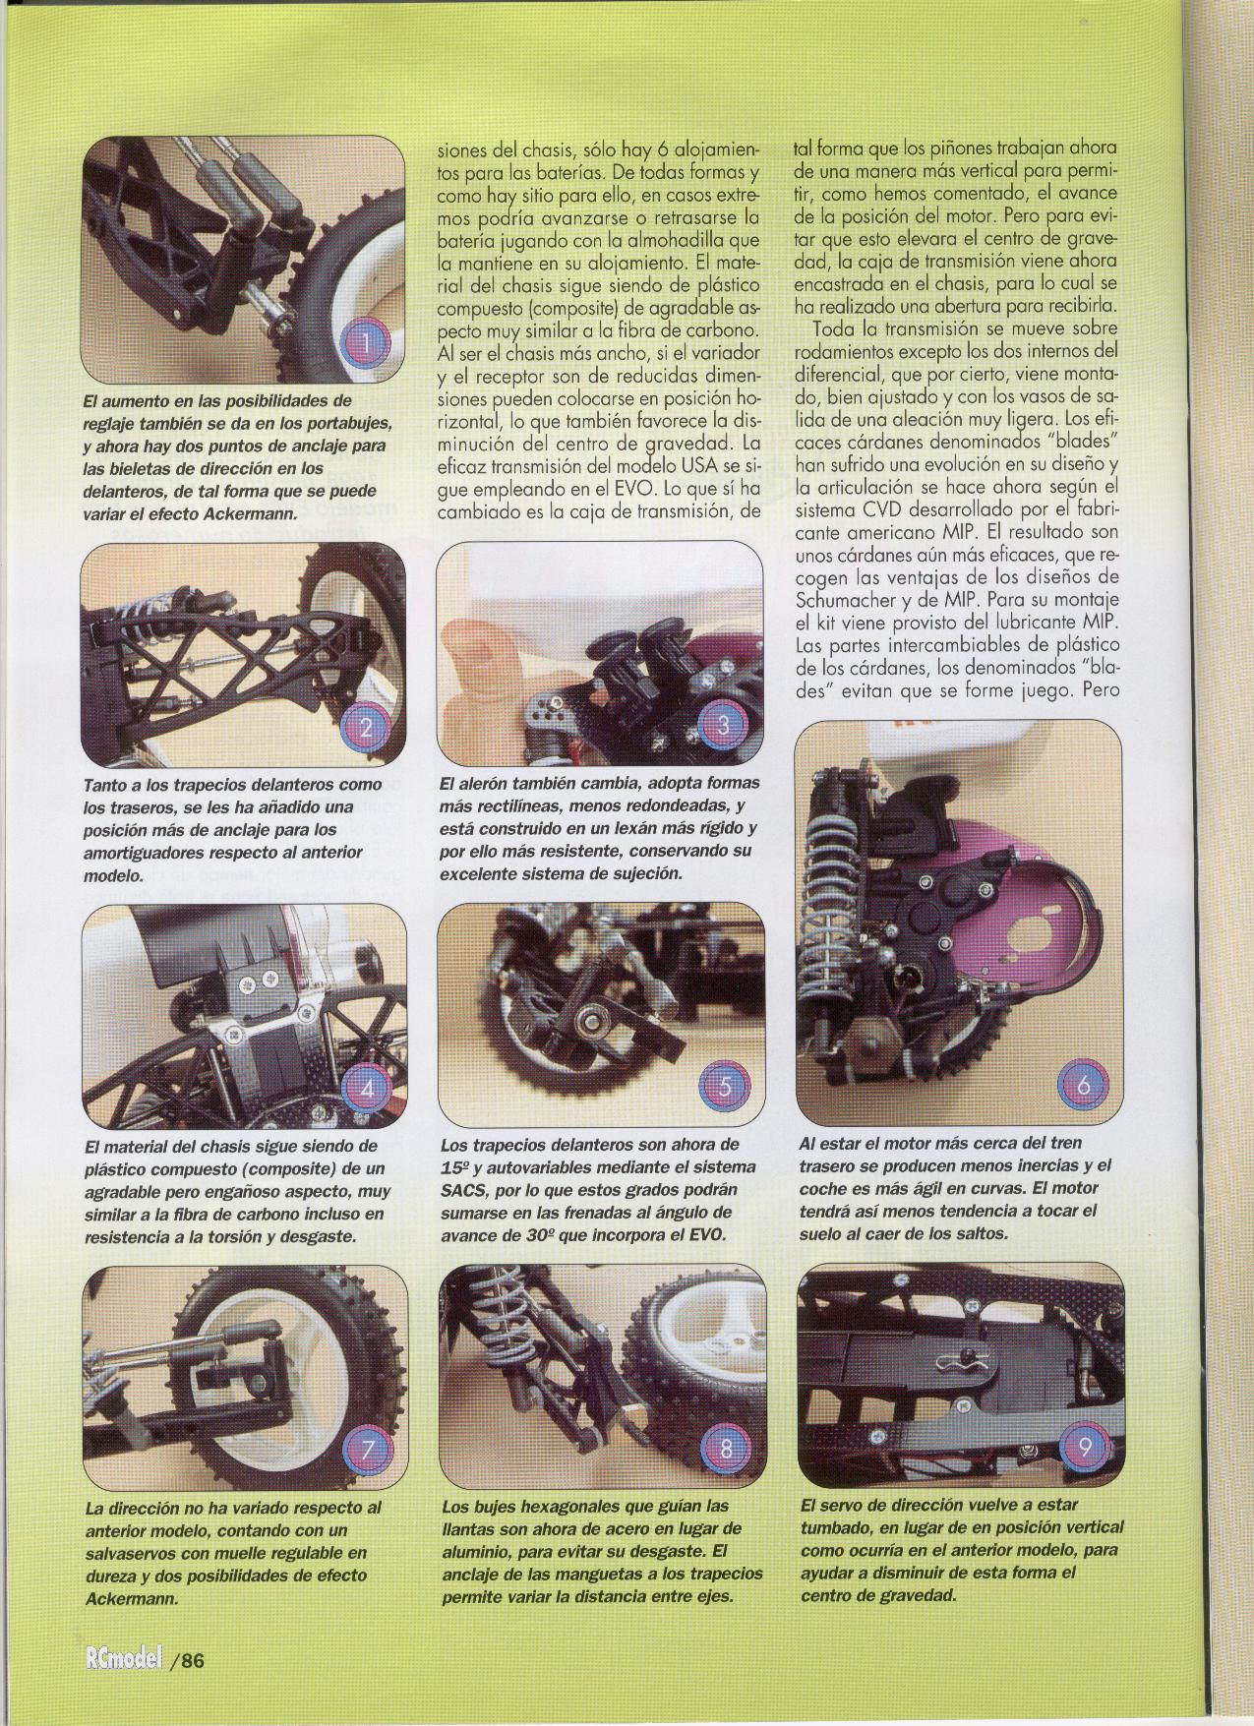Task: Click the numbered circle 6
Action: (x=1083, y=1086)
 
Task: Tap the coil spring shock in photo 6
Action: (x=828, y=920)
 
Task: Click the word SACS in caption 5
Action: (x=466, y=1189)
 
